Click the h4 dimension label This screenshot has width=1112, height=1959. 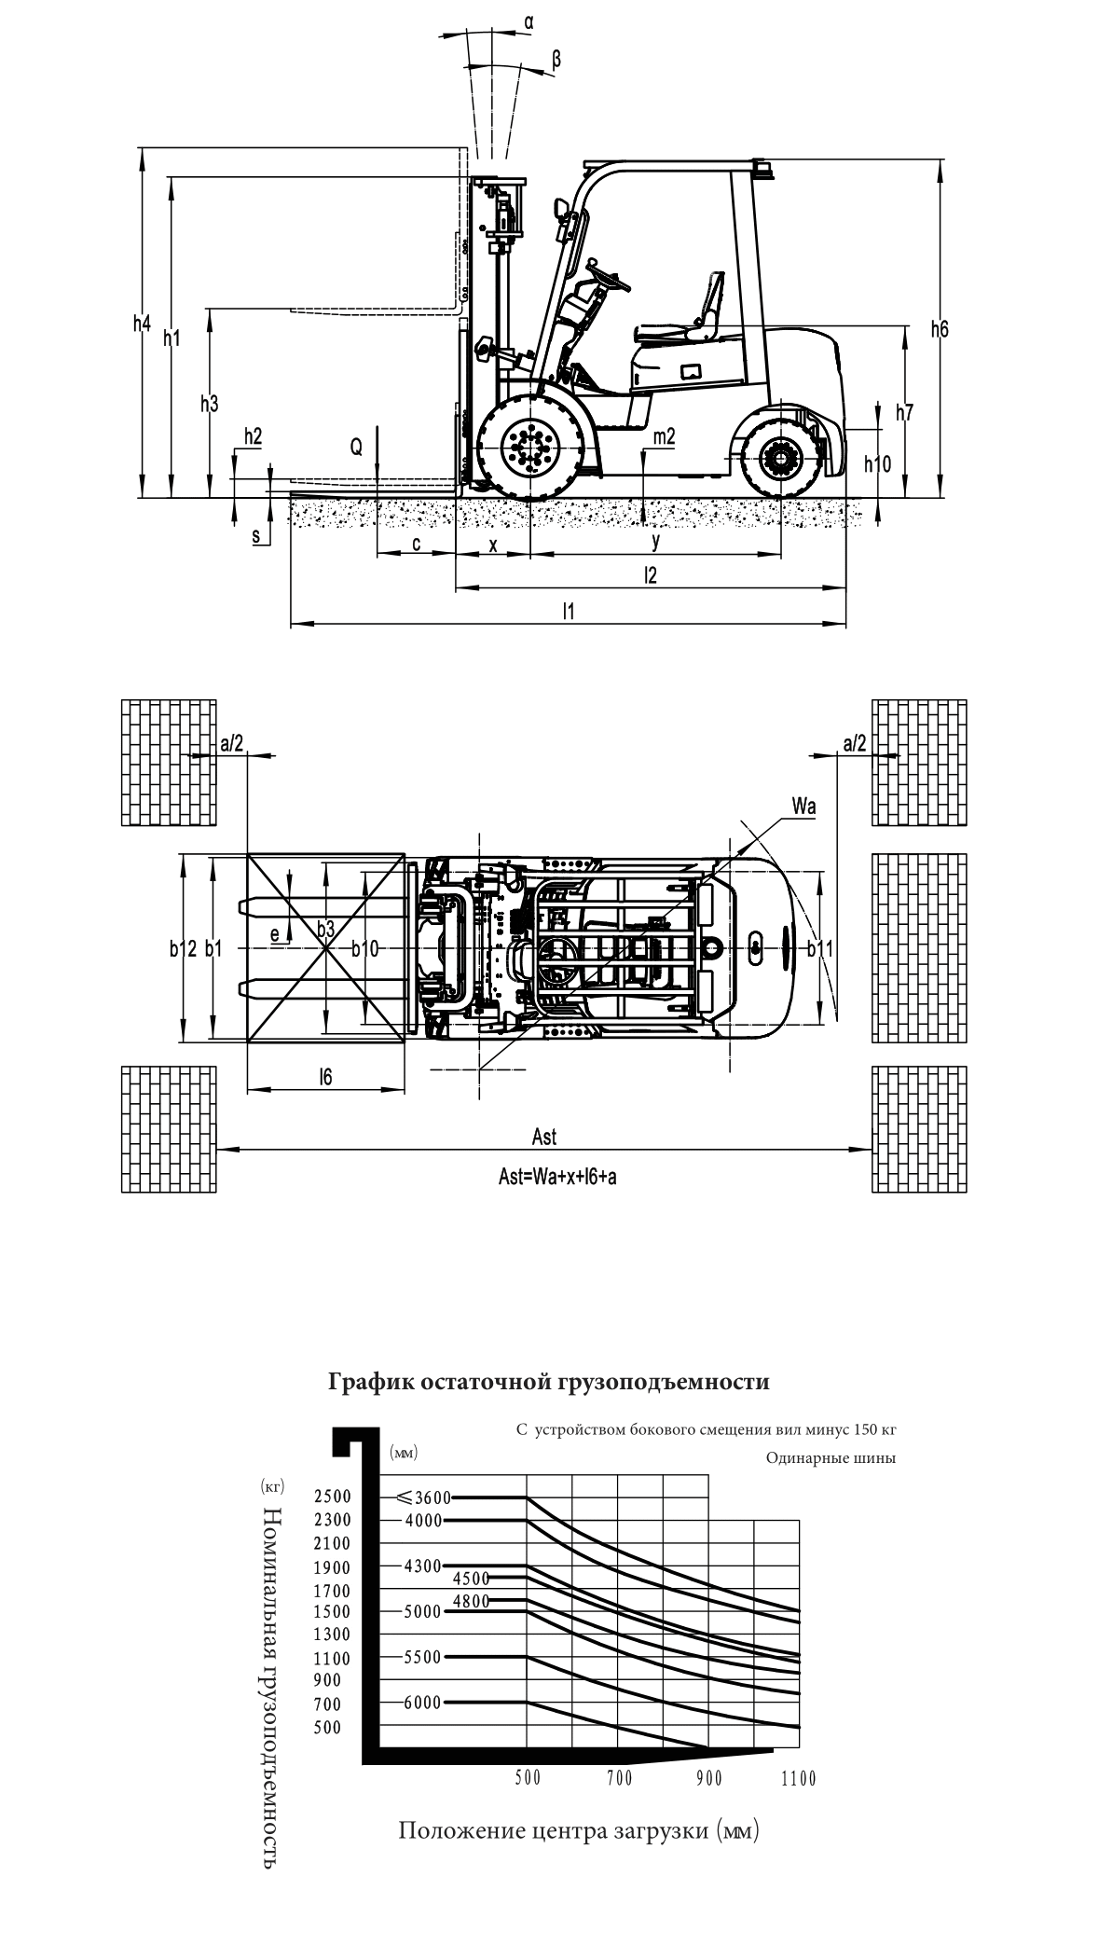pos(142,324)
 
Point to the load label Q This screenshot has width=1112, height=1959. pos(356,448)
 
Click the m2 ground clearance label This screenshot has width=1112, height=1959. pos(665,436)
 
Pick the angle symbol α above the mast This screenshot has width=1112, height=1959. pos(529,20)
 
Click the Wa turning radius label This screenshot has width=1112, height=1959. pos(804,807)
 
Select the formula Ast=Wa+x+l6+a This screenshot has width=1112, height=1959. pos(558,1177)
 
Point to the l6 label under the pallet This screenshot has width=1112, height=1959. pos(325,1077)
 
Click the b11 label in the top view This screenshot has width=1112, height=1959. pos(820,948)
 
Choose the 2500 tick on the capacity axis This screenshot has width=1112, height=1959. pos(333,1497)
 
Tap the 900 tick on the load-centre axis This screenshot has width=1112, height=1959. pos(709,1778)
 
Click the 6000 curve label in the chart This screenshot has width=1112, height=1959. pos(422,1703)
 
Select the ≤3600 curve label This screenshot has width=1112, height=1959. pos(423,1497)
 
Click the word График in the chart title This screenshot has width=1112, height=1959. pos(371,1381)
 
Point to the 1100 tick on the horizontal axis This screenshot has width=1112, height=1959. pos(799,1778)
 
